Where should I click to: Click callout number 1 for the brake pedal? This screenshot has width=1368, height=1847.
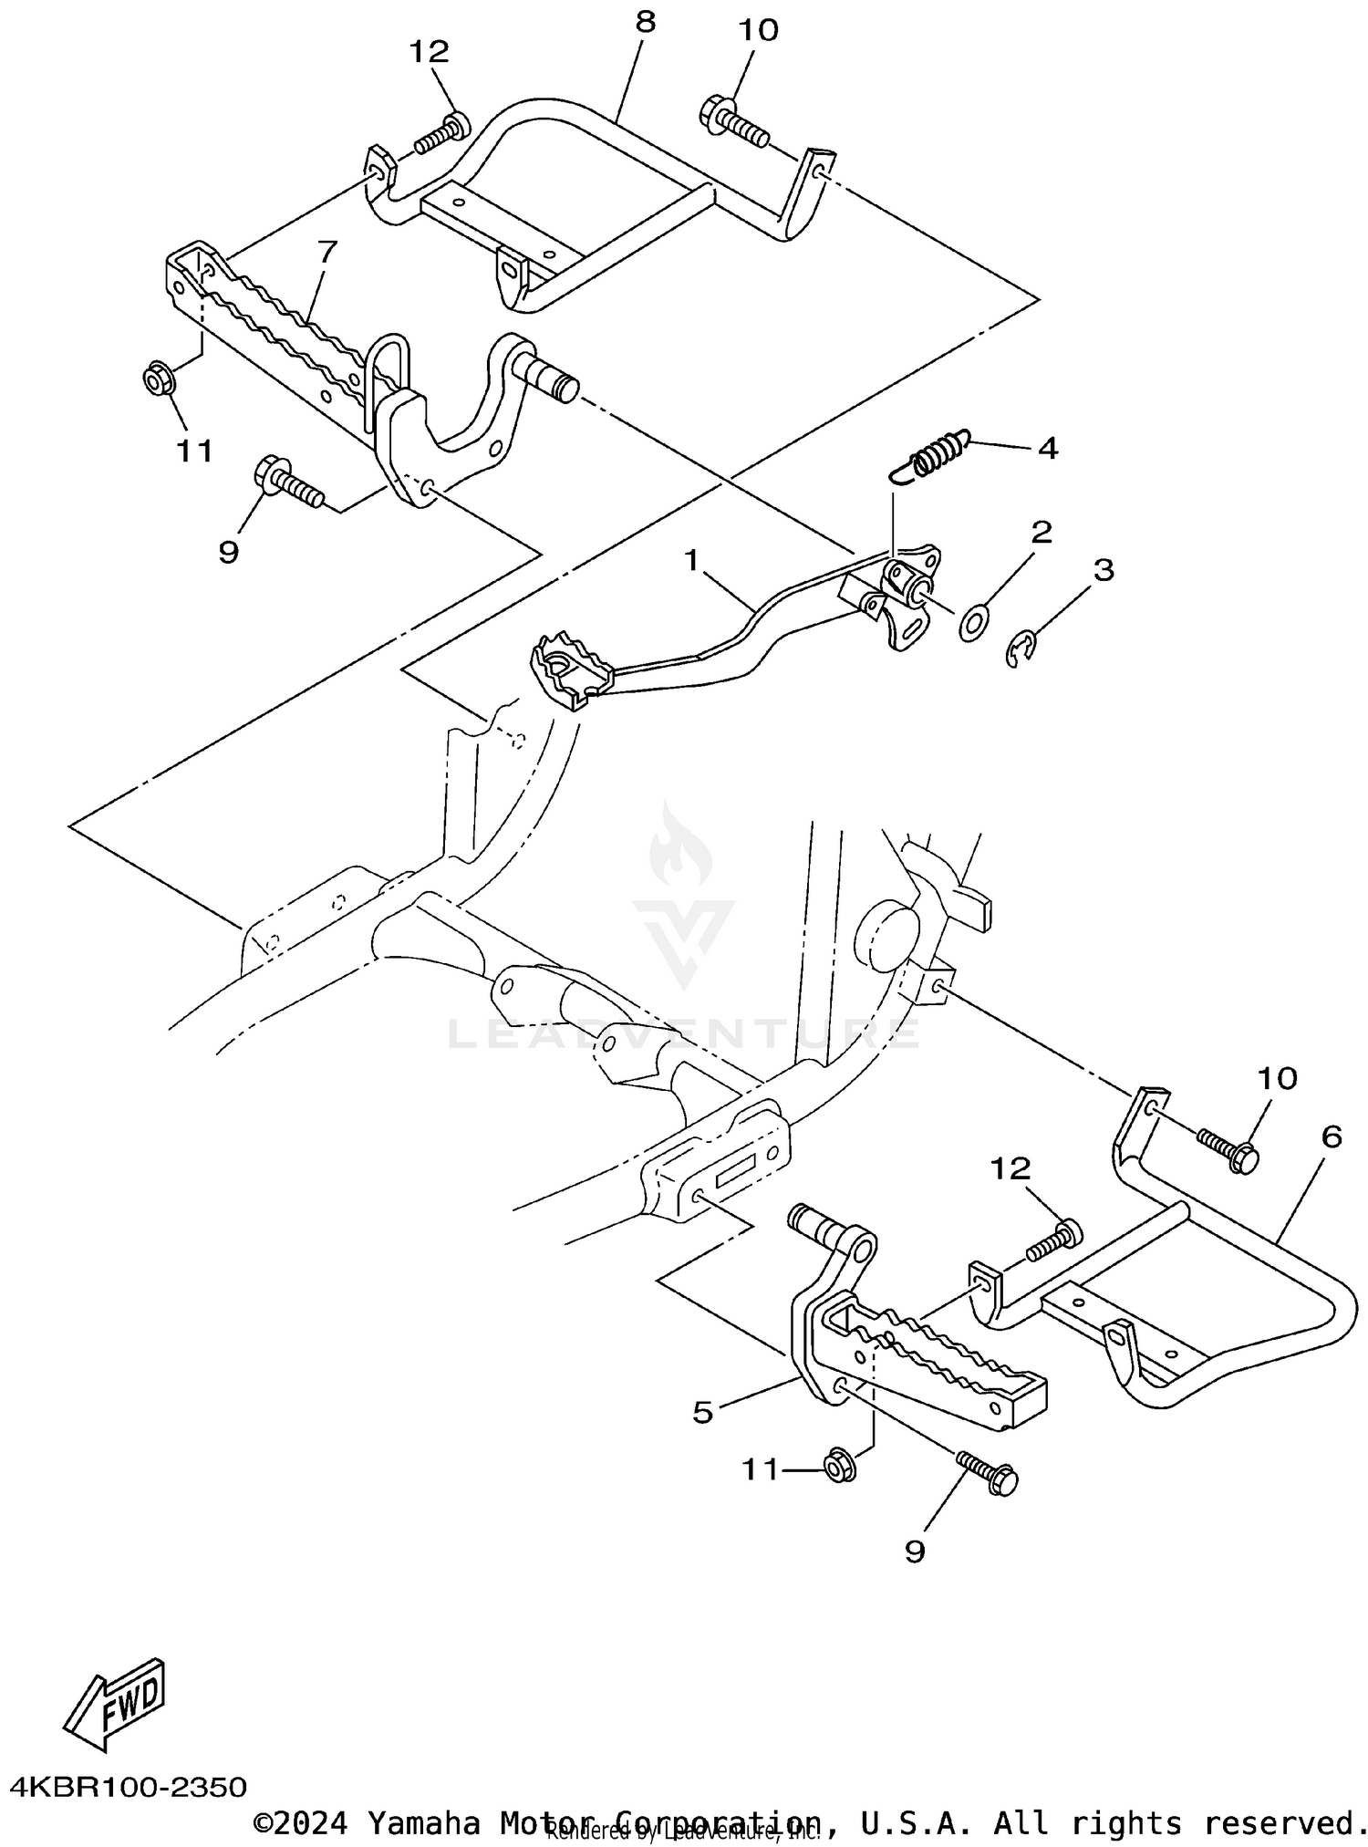pos(692,559)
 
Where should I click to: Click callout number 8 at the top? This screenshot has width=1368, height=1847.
pos(645,22)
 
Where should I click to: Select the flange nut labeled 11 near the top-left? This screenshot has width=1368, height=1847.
pos(161,379)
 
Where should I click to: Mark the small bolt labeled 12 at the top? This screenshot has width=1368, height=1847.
pos(442,133)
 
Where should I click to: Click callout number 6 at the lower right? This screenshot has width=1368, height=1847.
pos(1331,1136)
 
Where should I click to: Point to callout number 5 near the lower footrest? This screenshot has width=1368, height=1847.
pos(702,1412)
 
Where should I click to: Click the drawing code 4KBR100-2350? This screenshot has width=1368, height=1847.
pos(129,1786)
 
